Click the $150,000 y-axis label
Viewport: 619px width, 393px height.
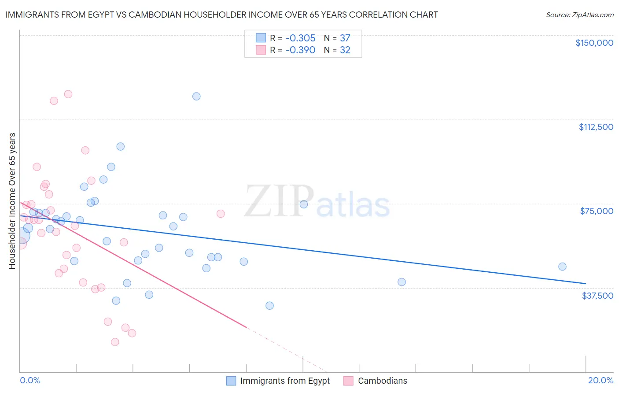click(594, 43)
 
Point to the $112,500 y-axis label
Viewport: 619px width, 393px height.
click(596, 127)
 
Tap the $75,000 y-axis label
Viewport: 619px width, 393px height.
click(597, 211)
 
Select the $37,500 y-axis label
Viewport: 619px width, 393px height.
click(597, 295)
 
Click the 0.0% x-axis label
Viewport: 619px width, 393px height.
click(30, 380)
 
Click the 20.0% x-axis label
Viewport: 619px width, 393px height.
click(601, 380)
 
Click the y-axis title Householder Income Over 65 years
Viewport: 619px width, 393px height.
click(12, 200)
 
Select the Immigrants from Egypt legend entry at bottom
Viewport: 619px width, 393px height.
click(284, 381)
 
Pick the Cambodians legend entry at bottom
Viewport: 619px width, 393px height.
click(382, 381)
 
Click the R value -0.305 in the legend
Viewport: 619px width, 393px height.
click(300, 38)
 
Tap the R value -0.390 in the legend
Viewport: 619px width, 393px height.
click(300, 50)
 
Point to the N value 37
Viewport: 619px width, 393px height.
click(345, 38)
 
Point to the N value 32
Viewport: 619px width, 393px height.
click(345, 50)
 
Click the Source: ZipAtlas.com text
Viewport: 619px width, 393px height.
click(579, 15)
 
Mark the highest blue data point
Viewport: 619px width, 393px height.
click(196, 96)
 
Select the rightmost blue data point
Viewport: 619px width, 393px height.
click(562, 267)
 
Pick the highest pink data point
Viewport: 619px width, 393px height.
click(68, 94)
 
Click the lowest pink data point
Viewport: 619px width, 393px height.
click(115, 342)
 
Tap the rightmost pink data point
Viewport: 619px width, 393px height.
click(221, 214)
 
